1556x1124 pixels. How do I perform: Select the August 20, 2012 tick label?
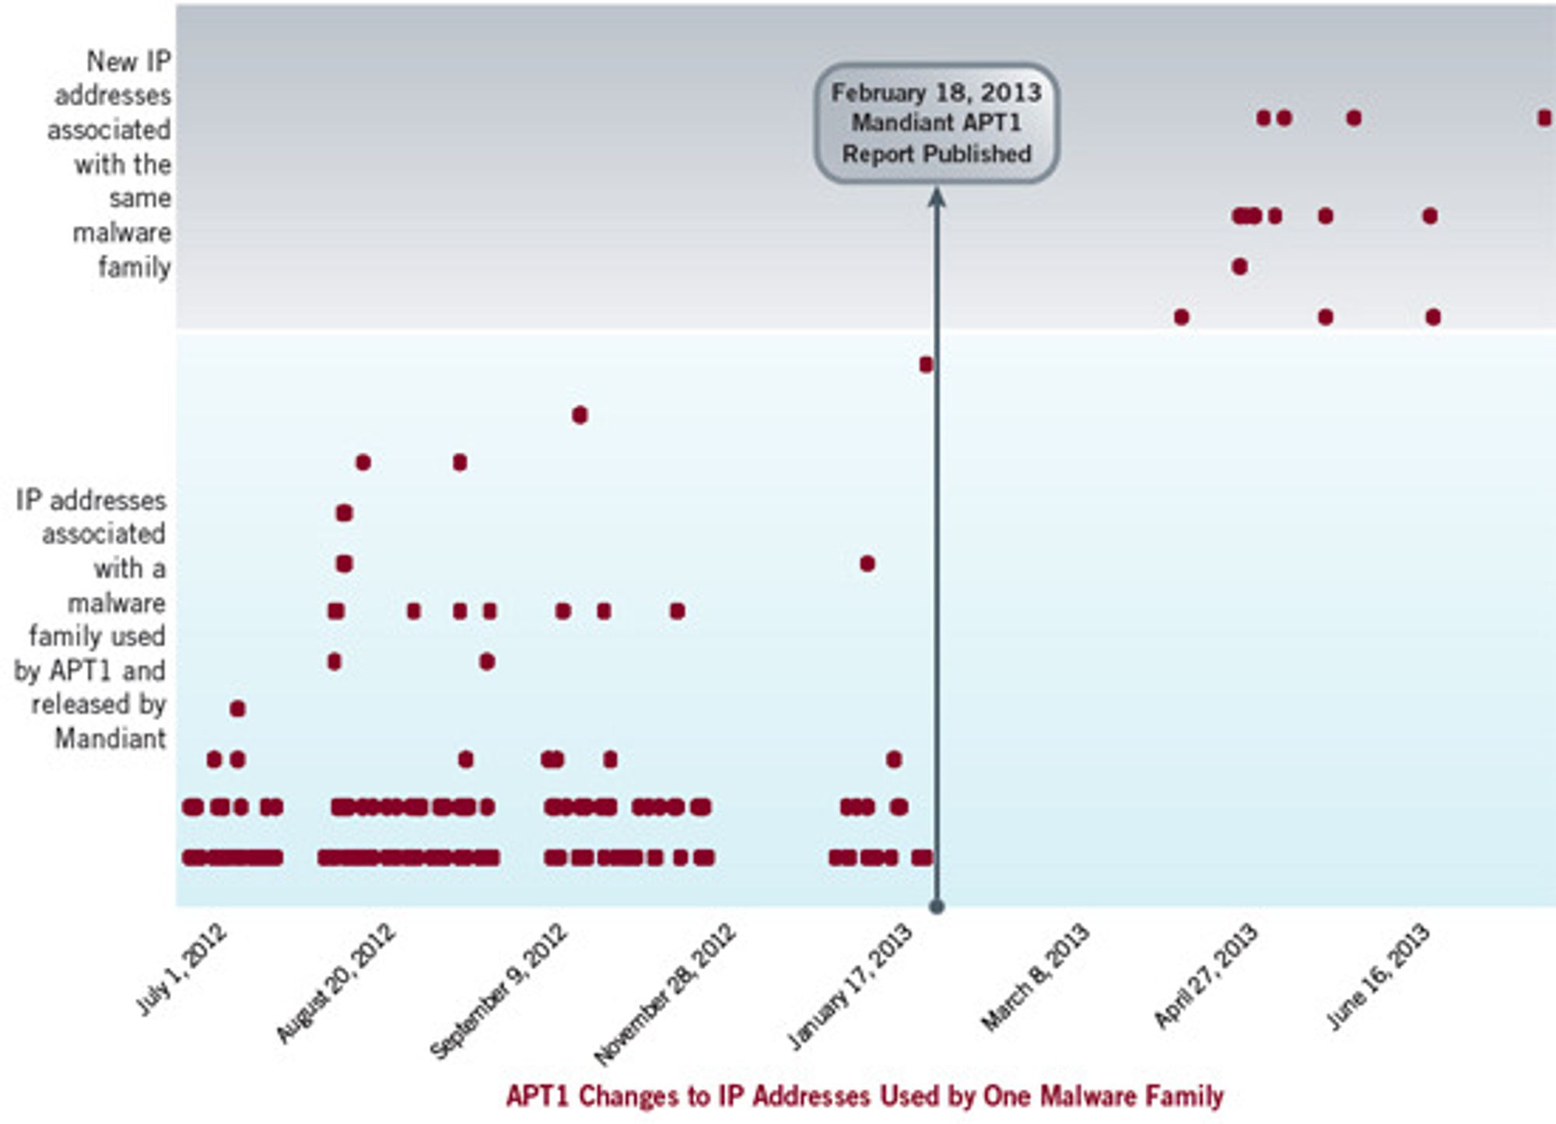point(336,982)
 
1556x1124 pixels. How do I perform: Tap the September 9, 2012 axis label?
point(499,990)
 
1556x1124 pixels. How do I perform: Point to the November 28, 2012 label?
point(665,993)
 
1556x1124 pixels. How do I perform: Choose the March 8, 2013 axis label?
point(1036,977)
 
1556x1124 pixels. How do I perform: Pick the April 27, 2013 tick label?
point(1206,975)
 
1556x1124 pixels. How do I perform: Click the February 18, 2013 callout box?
point(937,123)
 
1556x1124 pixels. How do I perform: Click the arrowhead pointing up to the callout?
point(937,198)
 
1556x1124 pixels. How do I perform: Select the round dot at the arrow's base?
point(937,906)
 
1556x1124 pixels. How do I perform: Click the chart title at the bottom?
point(864,1096)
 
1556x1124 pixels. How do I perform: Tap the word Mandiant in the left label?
point(110,738)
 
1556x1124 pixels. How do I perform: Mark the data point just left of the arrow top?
point(925,364)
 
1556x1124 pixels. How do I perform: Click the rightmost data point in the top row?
point(1544,118)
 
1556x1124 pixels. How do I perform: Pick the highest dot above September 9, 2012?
point(579,415)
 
